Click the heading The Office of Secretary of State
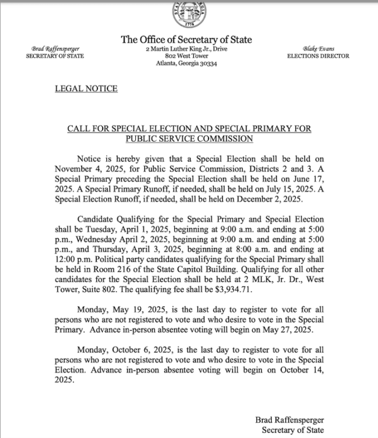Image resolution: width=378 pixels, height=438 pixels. click(186, 40)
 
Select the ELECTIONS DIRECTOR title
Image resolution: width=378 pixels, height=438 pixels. click(318, 56)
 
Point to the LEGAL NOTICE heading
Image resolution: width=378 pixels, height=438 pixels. click(86, 89)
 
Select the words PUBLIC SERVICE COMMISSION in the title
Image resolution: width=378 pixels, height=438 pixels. click(189, 139)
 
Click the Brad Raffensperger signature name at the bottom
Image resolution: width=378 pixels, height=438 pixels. click(289, 420)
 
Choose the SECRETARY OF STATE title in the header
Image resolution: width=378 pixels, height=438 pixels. click(55, 56)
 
